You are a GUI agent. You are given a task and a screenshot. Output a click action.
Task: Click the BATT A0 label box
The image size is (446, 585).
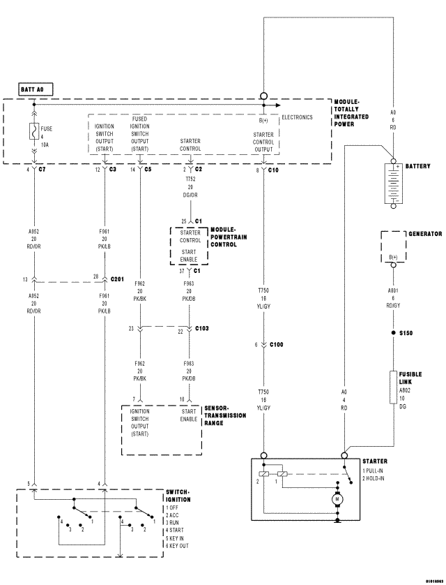[x=36, y=90]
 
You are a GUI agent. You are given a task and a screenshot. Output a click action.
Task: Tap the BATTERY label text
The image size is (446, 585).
[x=418, y=167]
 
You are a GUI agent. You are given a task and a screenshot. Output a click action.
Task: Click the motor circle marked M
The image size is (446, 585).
[x=338, y=499]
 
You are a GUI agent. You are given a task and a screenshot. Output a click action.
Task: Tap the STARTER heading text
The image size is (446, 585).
[x=375, y=461]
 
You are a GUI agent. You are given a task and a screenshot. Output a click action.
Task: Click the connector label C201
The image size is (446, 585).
[x=118, y=279]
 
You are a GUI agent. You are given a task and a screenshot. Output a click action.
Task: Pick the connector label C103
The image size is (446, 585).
[x=202, y=328]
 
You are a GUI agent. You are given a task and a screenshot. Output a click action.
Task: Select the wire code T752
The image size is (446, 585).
[x=190, y=179]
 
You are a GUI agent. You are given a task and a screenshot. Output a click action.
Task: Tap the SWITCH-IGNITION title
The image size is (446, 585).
[x=178, y=496]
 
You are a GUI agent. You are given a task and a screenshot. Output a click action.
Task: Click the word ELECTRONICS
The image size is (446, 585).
[x=297, y=117]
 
